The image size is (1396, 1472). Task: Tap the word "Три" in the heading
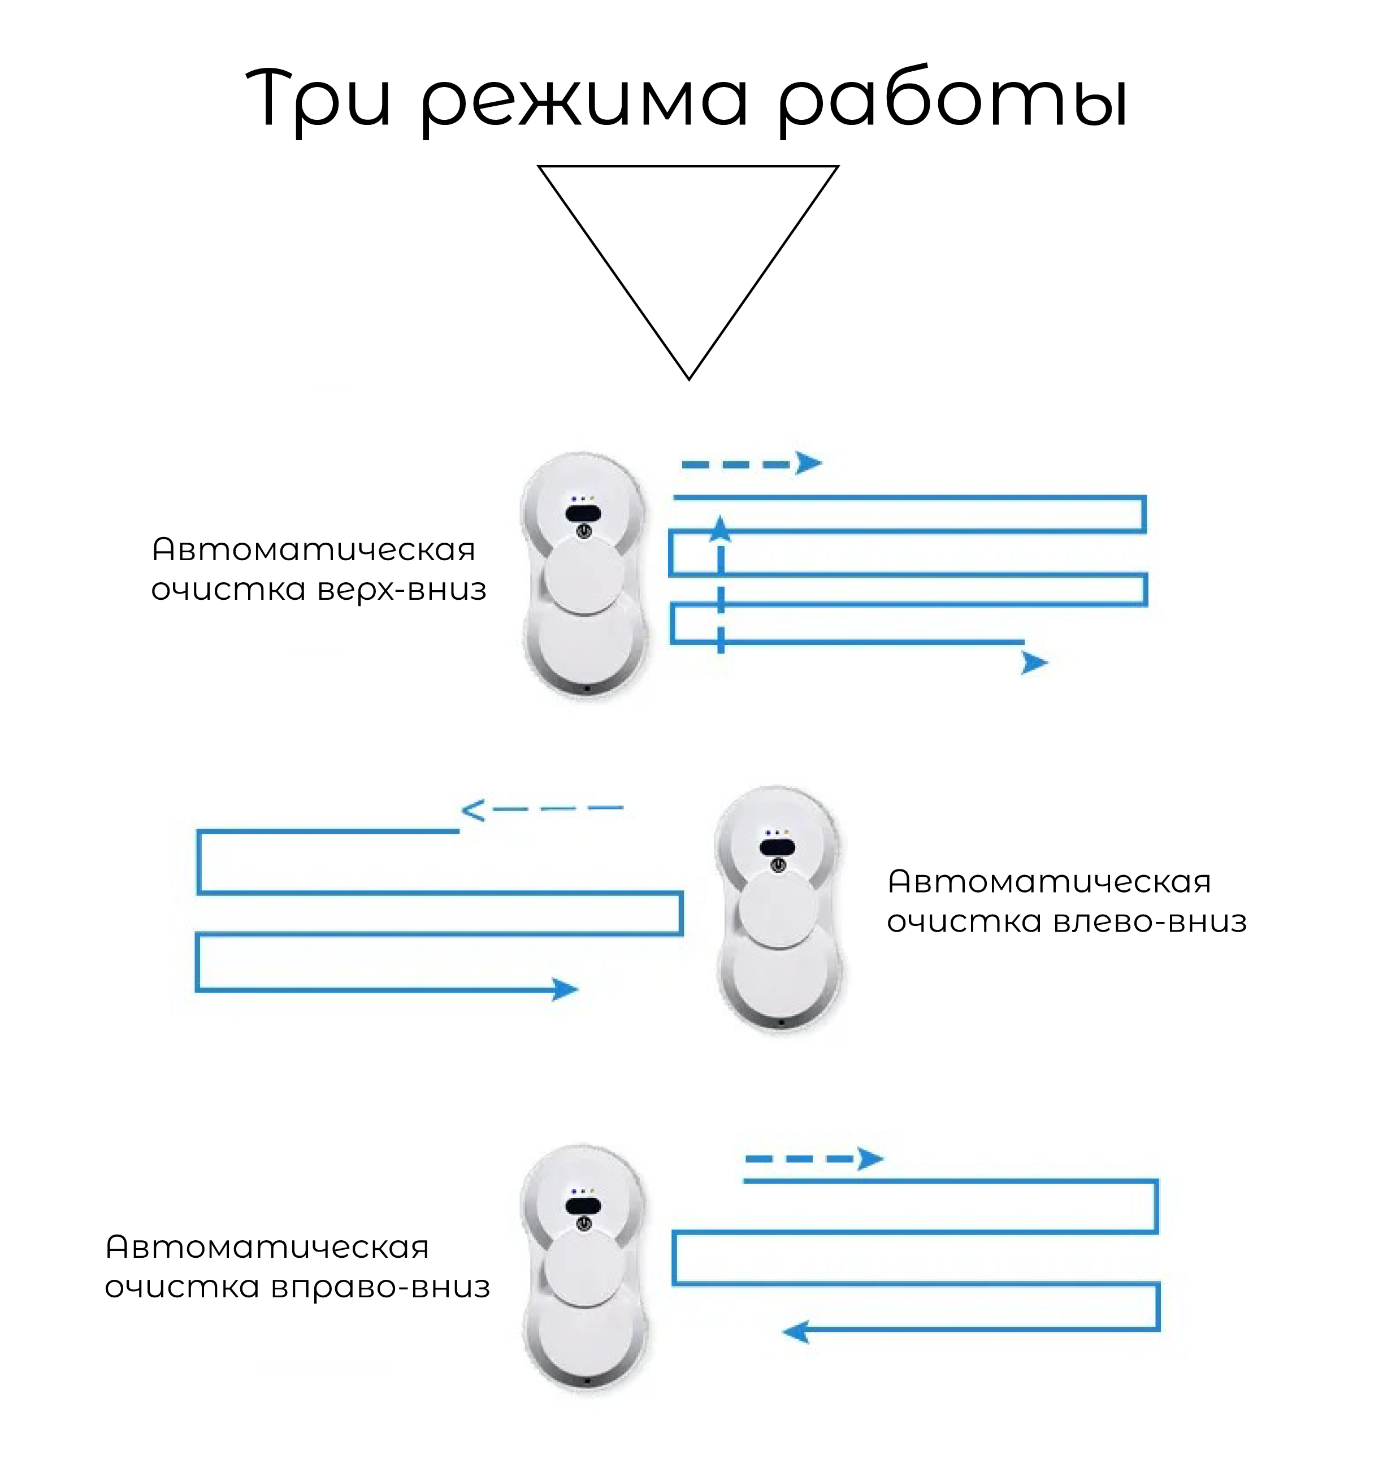click(x=319, y=99)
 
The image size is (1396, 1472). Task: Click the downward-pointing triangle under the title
click(x=688, y=245)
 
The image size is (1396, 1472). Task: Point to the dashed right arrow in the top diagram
click(x=752, y=464)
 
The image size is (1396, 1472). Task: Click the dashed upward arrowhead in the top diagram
click(x=719, y=529)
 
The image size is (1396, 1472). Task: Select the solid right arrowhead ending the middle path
click(x=566, y=989)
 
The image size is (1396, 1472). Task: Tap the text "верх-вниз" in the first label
click(x=402, y=590)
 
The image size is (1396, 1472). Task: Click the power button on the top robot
click(x=584, y=531)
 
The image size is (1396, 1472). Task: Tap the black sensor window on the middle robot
click(x=777, y=847)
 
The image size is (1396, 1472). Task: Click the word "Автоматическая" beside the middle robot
click(x=1049, y=882)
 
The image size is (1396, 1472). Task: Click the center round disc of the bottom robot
click(x=584, y=1267)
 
